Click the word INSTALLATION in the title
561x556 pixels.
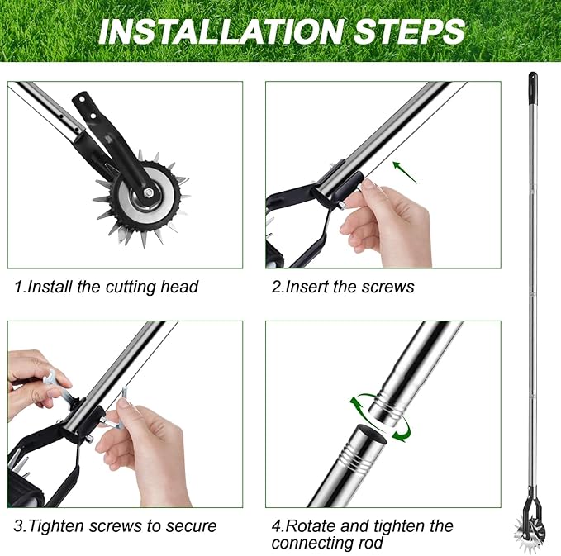pos(221,31)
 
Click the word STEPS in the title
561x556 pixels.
pos(409,31)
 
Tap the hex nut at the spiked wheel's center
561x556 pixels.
pos(148,192)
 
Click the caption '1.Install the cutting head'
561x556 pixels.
pos(107,287)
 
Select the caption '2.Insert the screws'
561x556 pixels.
pos(343,287)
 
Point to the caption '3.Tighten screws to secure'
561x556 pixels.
pos(115,526)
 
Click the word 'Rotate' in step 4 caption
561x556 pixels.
pos(311,525)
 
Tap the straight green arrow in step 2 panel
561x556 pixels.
pos(405,172)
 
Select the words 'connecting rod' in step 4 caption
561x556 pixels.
pos(327,543)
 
